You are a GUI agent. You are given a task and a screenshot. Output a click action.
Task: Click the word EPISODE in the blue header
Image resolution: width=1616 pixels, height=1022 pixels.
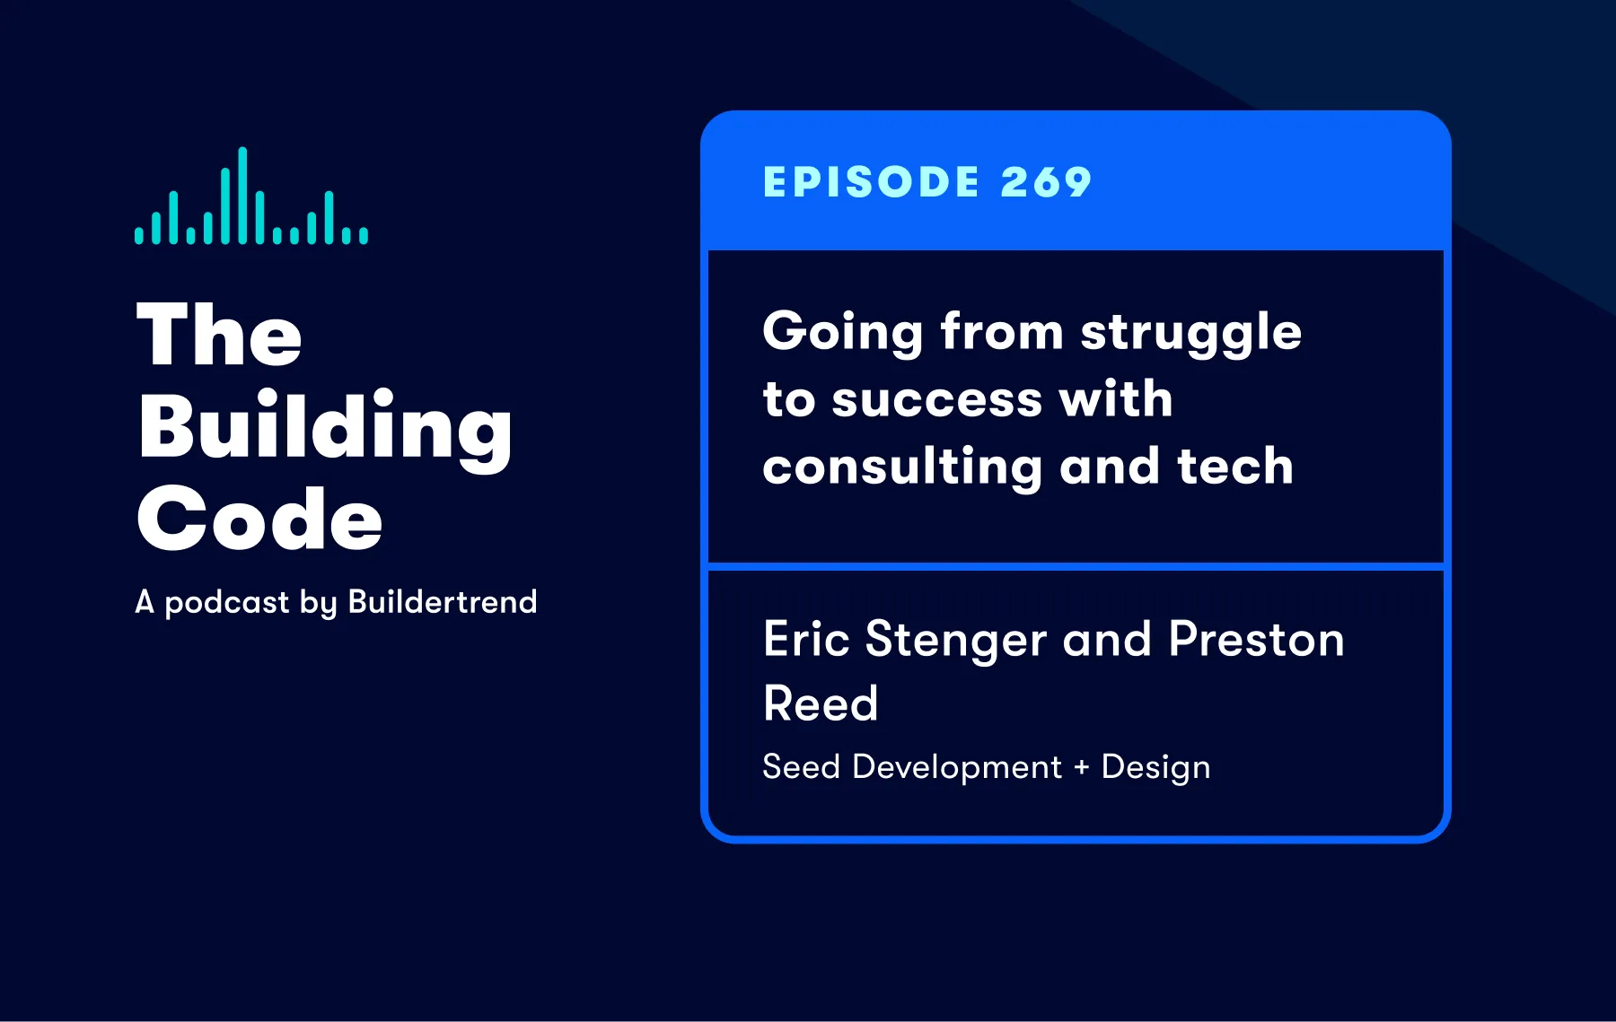click(x=871, y=182)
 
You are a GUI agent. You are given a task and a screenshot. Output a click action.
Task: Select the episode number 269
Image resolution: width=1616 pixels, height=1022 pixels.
click(x=1047, y=182)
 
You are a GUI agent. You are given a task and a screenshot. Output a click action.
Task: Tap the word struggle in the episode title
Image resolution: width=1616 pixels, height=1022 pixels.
click(x=1191, y=334)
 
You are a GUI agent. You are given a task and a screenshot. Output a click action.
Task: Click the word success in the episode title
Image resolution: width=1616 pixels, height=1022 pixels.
click(x=937, y=399)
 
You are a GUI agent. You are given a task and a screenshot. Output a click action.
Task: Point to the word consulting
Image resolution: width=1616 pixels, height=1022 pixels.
click(x=903, y=468)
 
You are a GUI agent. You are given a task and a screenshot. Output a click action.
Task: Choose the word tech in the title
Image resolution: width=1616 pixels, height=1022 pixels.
click(x=1235, y=467)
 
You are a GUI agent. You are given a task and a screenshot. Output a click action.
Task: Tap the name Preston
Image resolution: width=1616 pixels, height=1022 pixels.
click(x=1257, y=640)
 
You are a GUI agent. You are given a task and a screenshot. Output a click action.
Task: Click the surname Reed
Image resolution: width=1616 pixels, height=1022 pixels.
click(x=821, y=703)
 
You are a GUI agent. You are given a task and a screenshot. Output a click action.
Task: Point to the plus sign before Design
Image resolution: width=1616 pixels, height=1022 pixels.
click(x=1082, y=767)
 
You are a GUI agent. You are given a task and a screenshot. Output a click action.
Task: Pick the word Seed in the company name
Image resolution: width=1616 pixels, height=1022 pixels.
click(x=802, y=767)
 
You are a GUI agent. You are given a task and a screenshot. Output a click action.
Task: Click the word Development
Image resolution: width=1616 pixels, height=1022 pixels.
click(x=957, y=769)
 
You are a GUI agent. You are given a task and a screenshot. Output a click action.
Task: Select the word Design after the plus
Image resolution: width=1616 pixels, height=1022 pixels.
click(x=1156, y=769)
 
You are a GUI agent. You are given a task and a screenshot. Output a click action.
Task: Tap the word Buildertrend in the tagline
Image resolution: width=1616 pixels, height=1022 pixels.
click(x=443, y=601)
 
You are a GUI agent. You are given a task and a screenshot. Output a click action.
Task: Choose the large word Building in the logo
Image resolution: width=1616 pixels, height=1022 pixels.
click(x=325, y=428)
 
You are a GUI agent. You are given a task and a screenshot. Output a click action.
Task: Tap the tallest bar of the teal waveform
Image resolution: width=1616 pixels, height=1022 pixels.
click(x=242, y=195)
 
